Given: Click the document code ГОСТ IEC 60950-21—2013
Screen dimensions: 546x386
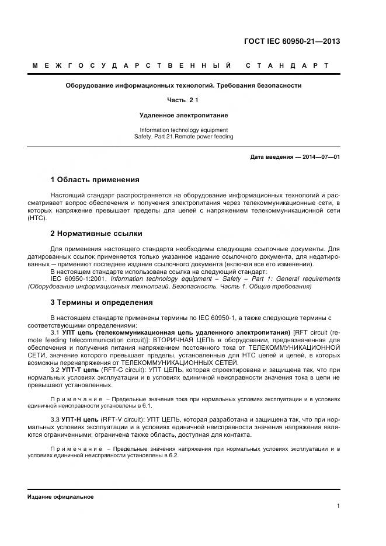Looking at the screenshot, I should [x=291, y=41].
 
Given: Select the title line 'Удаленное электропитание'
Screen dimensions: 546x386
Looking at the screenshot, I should [x=183, y=116].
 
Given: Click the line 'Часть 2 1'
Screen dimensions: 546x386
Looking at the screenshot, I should [x=183, y=100].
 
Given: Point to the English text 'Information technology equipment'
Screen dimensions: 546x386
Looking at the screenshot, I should [x=183, y=130].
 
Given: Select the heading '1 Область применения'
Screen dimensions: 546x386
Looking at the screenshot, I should [x=95, y=180].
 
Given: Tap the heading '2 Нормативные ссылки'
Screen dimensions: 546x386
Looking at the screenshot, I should [x=96, y=234].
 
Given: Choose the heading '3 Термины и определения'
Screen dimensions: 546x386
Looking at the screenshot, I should [x=102, y=302].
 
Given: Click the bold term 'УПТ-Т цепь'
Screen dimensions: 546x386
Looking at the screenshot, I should [x=79, y=371].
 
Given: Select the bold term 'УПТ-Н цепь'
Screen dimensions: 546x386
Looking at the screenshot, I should [x=80, y=419].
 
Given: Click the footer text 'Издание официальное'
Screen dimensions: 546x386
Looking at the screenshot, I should [x=61, y=496].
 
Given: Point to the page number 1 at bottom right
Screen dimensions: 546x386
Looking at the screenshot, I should [x=338, y=506].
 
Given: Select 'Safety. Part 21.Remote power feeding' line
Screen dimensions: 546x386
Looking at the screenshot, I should [x=183, y=137].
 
